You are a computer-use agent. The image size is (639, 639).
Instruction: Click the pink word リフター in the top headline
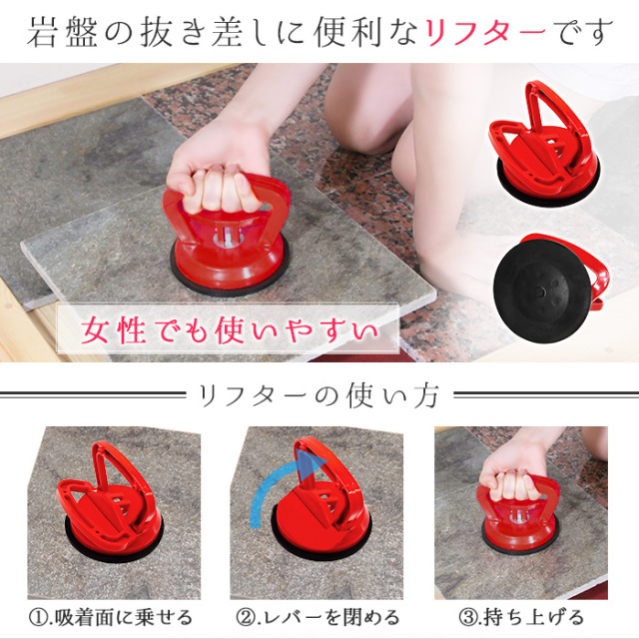pyautogui.click(x=485, y=32)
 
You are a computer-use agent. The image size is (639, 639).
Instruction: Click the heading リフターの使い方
pyautogui.click(x=319, y=395)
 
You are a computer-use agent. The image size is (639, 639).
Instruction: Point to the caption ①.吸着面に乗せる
pyautogui.click(x=111, y=617)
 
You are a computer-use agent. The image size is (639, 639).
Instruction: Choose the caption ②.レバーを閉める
pyautogui.click(x=318, y=617)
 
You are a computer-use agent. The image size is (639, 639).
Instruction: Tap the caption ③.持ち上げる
pyautogui.click(x=521, y=617)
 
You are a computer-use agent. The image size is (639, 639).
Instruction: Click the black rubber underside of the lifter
pyautogui.click(x=542, y=291)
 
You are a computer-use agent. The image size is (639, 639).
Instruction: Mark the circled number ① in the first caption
pyautogui.click(x=38, y=618)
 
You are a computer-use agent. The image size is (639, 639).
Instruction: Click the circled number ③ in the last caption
pyautogui.click(x=467, y=618)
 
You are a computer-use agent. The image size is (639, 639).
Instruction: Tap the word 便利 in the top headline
pyautogui.click(x=347, y=32)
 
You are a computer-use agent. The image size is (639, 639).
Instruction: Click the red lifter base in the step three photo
pyautogui.click(x=519, y=530)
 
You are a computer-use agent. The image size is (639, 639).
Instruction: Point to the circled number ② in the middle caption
pyautogui.click(x=245, y=618)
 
